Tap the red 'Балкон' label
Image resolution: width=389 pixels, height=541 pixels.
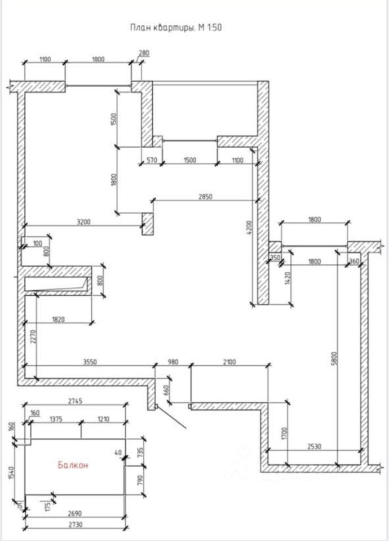click(73, 465)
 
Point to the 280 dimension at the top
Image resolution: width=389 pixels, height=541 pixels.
click(144, 54)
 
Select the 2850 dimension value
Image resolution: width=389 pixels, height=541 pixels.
click(205, 196)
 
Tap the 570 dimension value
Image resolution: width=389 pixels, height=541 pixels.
click(152, 160)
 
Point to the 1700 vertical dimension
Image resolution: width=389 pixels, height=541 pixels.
click(285, 433)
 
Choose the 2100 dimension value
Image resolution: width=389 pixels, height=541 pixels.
click(229, 362)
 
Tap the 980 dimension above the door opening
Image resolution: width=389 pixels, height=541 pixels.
click(173, 362)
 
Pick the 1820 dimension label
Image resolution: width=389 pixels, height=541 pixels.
click(59, 320)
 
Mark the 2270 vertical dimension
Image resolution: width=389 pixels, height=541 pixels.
click(33, 338)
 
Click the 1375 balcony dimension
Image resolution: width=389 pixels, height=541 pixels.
click(56, 419)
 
